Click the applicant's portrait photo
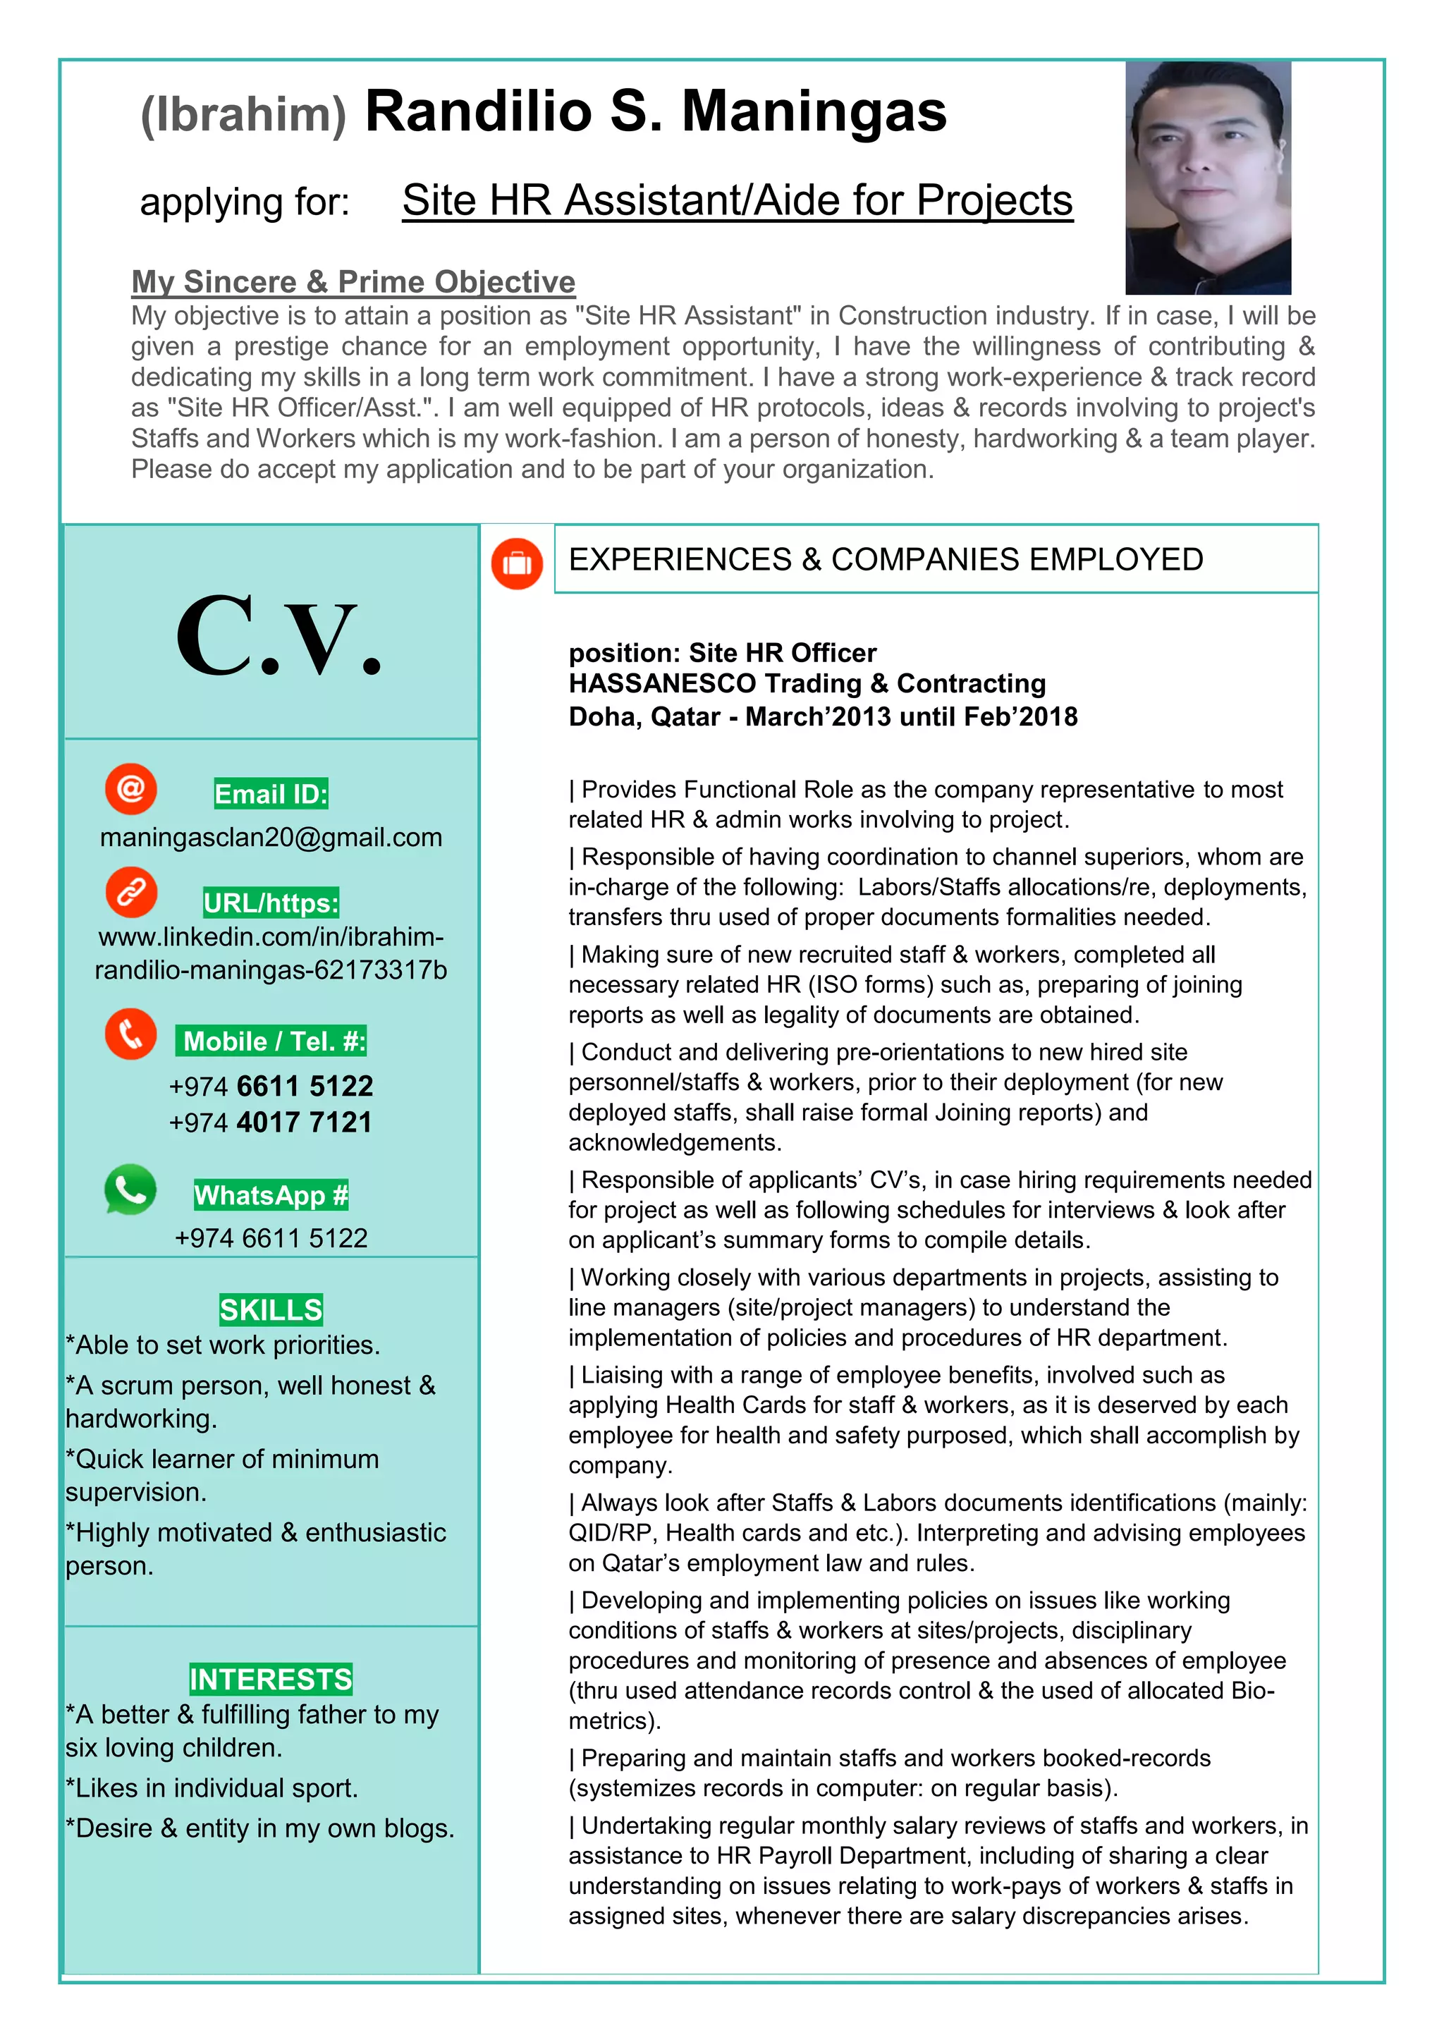point(1208,178)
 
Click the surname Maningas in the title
point(814,112)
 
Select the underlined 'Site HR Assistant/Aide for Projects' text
point(736,200)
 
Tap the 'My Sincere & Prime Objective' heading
point(353,281)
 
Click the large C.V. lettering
point(279,637)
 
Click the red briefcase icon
point(517,564)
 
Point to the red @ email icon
point(130,788)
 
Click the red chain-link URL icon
point(130,892)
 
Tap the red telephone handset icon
point(130,1034)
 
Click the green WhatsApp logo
point(130,1189)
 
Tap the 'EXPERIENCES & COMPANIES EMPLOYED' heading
point(885,559)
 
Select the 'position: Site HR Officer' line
point(722,653)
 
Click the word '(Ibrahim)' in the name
point(243,116)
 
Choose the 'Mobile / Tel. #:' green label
point(272,1041)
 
